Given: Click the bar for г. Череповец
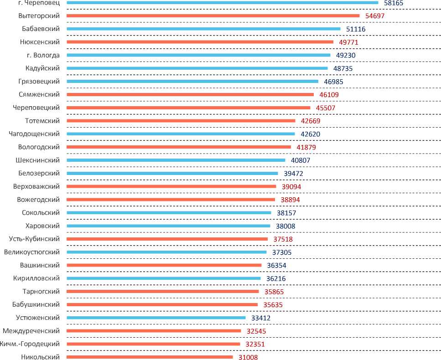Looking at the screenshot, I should [x=222, y=2].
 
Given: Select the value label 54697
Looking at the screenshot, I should [x=373, y=16].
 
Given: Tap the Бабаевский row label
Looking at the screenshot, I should [x=41, y=29].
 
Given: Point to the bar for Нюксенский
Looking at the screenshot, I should [x=200, y=42].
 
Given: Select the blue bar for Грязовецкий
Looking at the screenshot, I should [x=192, y=82].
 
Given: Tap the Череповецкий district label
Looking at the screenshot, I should [x=37, y=108].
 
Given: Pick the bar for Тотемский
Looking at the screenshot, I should [x=181, y=121].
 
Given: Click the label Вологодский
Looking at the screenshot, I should [x=39, y=147].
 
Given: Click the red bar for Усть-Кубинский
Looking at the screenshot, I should [x=167, y=239].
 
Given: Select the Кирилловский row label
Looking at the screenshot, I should [x=38, y=278].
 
